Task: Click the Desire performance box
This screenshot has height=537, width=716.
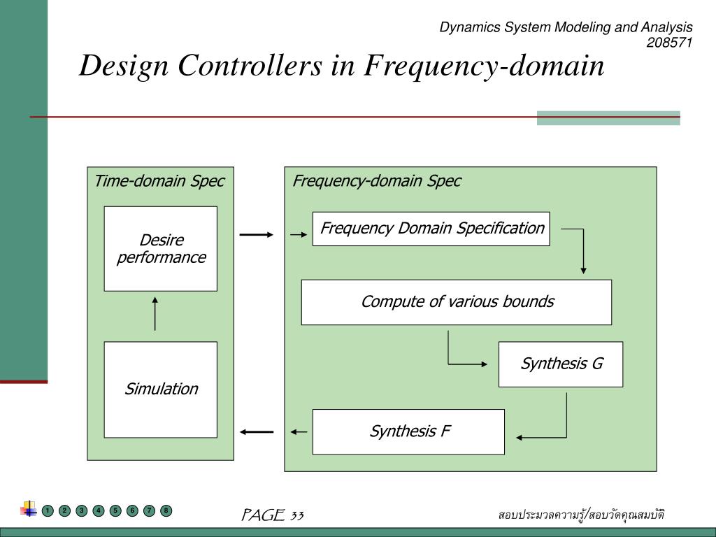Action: pos(161,249)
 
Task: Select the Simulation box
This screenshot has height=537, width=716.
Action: pos(161,389)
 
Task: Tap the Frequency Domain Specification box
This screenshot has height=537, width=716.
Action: pos(431,229)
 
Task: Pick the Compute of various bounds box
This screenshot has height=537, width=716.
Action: pos(456,302)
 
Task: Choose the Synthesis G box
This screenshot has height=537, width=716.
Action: pos(561,364)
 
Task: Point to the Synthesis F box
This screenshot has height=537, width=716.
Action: pos(408,432)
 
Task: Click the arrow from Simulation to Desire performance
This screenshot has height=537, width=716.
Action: pos(155,314)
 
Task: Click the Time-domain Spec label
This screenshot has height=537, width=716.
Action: pos(159,181)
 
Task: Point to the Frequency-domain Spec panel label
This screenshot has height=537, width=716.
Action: pos(377,181)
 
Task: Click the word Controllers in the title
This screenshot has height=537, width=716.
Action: pos(250,65)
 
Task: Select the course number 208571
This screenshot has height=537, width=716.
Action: pos(669,43)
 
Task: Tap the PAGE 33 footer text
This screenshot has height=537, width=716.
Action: pos(272,515)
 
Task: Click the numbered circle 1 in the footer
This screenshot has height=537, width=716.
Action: pos(48,510)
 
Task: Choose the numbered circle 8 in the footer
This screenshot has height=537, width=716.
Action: pos(166,510)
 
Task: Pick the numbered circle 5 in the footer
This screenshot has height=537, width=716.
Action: pos(115,510)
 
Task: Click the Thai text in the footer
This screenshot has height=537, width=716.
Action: pos(581,515)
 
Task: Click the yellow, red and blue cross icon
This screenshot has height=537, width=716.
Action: pos(29,509)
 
